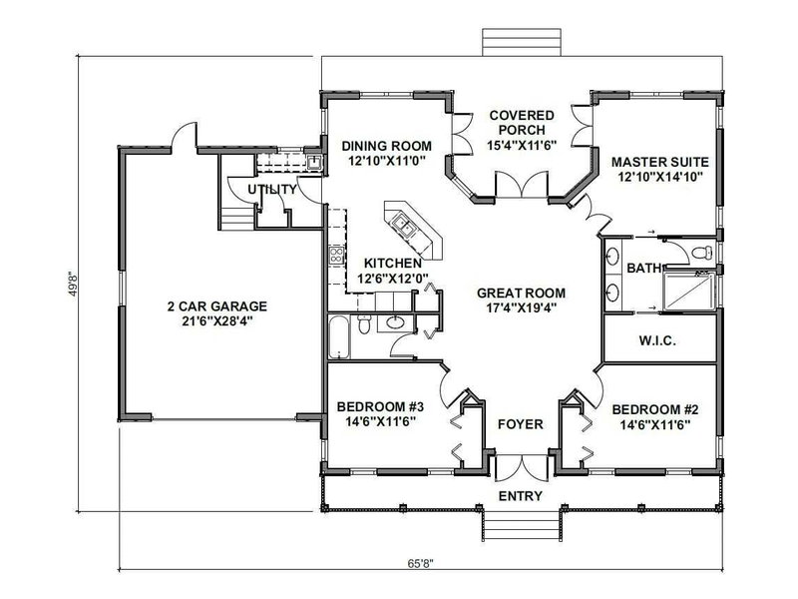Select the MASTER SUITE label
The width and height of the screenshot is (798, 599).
(653, 159)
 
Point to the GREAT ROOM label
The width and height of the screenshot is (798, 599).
(521, 294)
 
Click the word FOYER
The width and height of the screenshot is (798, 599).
(521, 424)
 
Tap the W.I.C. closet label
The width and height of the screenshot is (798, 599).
(657, 341)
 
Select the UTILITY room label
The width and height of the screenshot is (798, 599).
(271, 189)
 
